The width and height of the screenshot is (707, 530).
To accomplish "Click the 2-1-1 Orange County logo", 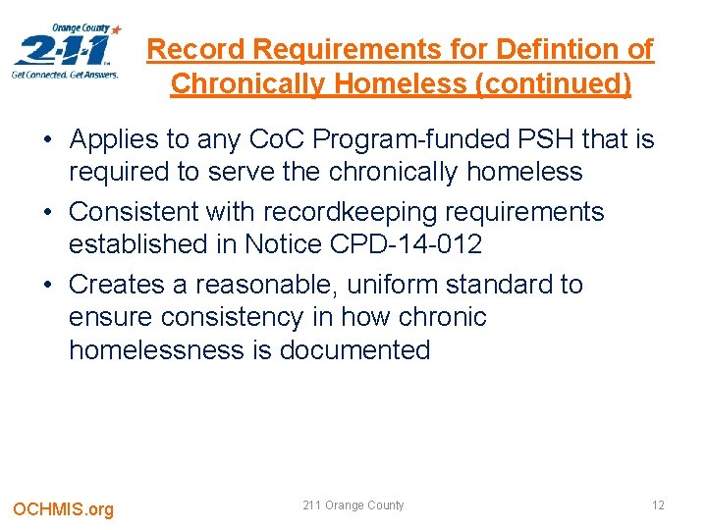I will tap(67, 51).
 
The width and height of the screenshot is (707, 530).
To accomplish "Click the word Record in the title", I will tap(190, 49).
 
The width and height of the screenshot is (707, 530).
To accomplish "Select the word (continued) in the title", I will tap(554, 84).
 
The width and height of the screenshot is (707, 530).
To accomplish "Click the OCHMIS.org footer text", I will tap(63, 508).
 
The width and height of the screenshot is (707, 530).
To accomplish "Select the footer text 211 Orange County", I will tap(353, 505).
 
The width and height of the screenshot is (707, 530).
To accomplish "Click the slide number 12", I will tap(658, 505).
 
